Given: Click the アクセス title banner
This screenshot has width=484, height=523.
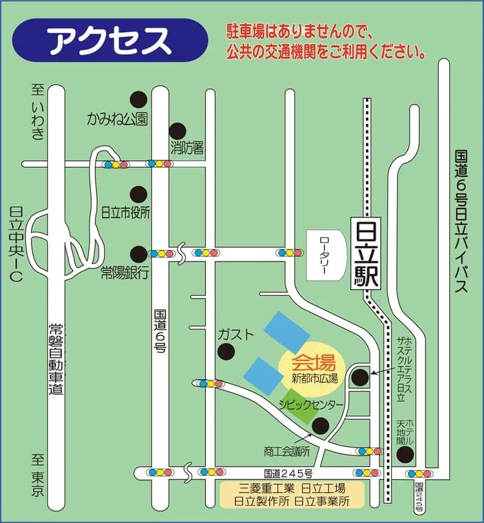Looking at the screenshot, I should (x=110, y=41).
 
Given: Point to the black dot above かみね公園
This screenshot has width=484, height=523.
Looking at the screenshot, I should (x=138, y=99).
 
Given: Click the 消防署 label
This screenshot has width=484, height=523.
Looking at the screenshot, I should (x=187, y=148).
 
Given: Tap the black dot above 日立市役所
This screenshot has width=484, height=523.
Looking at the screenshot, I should (x=138, y=194).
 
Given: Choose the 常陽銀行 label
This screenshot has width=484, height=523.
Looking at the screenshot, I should (x=125, y=274).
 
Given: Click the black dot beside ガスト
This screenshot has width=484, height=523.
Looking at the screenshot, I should (x=226, y=352).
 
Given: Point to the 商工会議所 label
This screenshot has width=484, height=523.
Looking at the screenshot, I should (x=287, y=451).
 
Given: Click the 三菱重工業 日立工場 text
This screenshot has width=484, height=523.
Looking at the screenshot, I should (x=292, y=488).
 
